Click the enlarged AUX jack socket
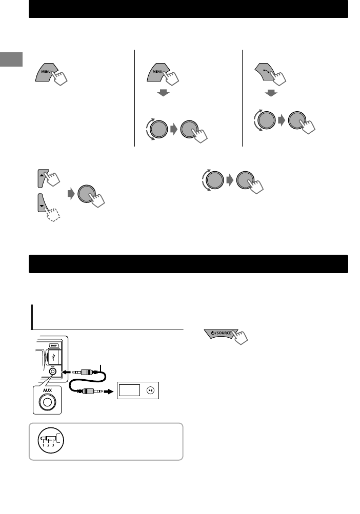click(x=47, y=402)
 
